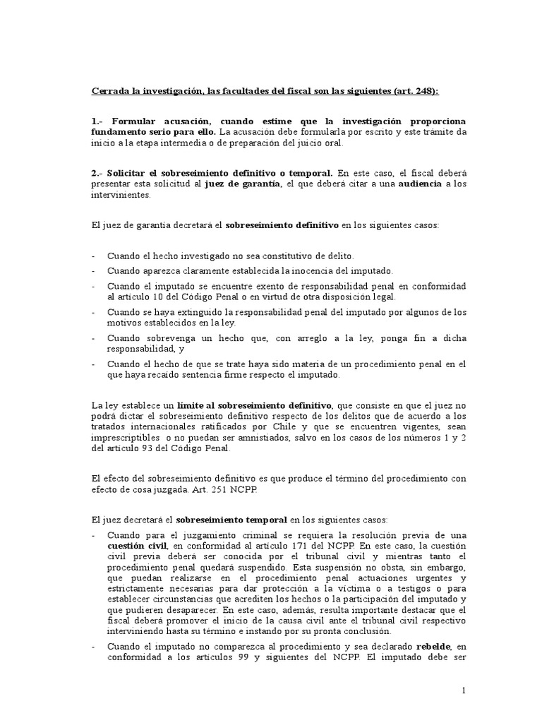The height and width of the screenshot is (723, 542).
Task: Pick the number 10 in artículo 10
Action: pyautogui.click(x=160, y=297)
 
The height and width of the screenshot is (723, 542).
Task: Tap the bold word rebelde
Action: pyautogui.click(x=416, y=646)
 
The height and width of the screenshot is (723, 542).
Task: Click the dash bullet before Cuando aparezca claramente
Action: pyautogui.click(x=95, y=272)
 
